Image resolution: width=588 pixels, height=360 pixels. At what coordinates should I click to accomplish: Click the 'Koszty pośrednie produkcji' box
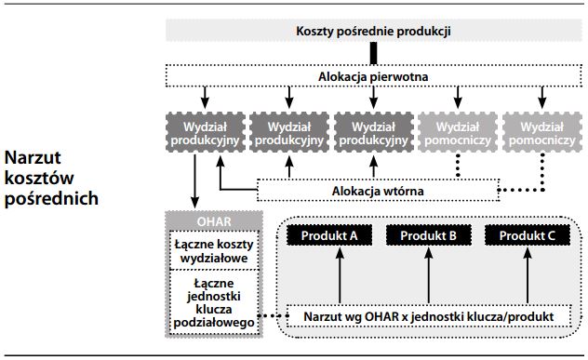tap(373, 30)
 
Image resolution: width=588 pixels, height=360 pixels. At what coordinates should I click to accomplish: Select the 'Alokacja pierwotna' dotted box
tap(373, 73)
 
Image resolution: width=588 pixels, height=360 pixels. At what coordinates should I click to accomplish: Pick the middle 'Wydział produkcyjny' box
tap(373, 133)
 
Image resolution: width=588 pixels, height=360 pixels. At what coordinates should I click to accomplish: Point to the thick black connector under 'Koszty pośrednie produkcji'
tap(373, 53)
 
